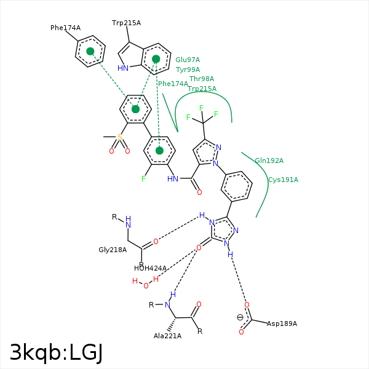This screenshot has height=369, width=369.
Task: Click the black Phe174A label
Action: (x=65, y=28)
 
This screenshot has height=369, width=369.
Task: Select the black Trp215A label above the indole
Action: (x=126, y=23)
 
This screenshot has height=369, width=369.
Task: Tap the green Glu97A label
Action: (x=188, y=60)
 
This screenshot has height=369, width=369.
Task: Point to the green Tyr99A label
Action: (x=188, y=70)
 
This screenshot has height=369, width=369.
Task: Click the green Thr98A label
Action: (x=202, y=79)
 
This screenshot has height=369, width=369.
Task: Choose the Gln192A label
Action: (x=269, y=161)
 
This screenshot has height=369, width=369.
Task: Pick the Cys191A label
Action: (x=283, y=180)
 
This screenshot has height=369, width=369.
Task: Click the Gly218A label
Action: (x=113, y=250)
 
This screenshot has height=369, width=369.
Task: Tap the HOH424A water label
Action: (x=150, y=268)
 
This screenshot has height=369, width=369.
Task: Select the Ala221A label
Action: (x=167, y=336)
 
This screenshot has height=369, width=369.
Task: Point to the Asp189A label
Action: (x=282, y=323)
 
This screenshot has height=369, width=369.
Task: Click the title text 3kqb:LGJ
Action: (x=56, y=352)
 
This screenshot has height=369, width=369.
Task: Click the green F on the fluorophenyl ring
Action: (x=143, y=179)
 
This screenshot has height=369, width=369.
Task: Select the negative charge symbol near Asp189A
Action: (x=240, y=317)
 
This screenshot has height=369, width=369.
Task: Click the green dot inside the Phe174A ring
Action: (x=90, y=52)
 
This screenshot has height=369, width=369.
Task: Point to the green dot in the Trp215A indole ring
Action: (x=156, y=59)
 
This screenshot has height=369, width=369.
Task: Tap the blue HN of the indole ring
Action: (x=123, y=68)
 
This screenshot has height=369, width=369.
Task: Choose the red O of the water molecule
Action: (x=146, y=285)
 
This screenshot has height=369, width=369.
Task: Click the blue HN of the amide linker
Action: (x=173, y=179)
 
